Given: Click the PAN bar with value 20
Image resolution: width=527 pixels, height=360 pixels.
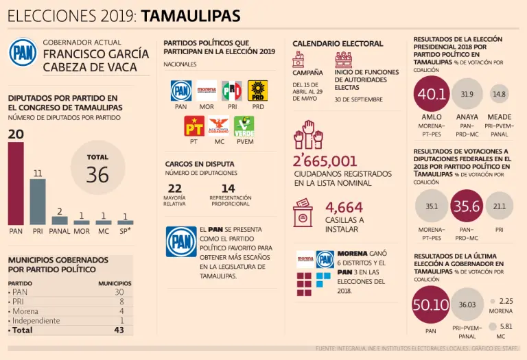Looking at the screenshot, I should coord(16,183).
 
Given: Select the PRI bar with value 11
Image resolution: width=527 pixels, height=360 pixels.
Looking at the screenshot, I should coord(38,202).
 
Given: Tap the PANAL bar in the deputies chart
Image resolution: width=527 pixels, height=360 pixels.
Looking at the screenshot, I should coord(60,221).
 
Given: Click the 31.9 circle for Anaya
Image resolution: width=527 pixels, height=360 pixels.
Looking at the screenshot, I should coord(467,94).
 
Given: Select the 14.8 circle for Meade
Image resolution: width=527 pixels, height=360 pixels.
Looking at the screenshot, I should coord(500,94).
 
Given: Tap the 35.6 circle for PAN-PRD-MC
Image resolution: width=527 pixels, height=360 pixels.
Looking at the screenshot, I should coord(467,206).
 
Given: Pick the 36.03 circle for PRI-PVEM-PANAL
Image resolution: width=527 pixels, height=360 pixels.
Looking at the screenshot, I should coord(467,304).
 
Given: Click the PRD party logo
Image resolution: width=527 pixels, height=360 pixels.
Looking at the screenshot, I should coord(257,91).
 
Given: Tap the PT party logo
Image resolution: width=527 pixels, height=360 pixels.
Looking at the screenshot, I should coord(194,126).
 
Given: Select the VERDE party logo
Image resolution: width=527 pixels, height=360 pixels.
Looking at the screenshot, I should coord(244,126).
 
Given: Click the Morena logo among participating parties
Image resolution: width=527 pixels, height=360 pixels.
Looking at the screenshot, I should coord(207,91).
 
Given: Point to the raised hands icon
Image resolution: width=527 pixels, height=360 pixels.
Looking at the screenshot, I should coord(308,134).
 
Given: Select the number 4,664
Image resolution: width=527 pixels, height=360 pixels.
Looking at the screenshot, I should coord(344,207).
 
